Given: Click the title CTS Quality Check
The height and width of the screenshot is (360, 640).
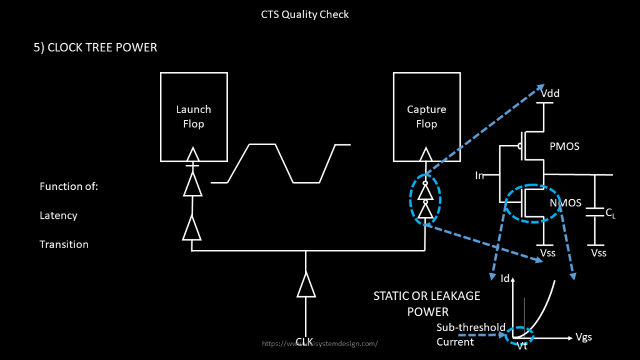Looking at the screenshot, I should click(x=305, y=14).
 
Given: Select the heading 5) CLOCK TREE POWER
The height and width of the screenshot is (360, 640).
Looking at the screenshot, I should click(x=95, y=47).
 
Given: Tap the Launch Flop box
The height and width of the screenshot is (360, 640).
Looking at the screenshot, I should click(x=193, y=116).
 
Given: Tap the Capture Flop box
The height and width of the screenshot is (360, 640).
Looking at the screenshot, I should click(x=426, y=116).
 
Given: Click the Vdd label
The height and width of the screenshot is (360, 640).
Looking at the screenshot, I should click(x=550, y=94).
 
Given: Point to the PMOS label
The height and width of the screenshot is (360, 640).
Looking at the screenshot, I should click(x=564, y=147).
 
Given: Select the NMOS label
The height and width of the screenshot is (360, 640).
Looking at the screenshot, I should click(x=565, y=202).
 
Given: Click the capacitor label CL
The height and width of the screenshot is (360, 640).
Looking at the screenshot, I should click(x=611, y=214).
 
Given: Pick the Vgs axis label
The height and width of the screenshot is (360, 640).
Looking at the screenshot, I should click(x=582, y=337).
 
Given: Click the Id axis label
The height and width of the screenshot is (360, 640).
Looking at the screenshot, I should click(x=505, y=278).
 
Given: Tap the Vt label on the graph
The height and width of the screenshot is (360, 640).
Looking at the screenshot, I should click(x=522, y=346).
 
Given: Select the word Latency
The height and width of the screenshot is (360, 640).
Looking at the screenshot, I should click(x=58, y=216).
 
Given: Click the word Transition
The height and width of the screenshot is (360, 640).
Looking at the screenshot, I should click(x=64, y=244).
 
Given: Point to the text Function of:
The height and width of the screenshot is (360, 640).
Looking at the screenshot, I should click(x=69, y=186).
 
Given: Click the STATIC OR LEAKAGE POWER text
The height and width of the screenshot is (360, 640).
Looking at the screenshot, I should click(x=427, y=303).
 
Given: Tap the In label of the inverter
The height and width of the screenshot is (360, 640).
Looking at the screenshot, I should click(x=479, y=176).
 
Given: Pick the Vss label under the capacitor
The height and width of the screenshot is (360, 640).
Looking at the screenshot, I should click(x=598, y=253).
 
